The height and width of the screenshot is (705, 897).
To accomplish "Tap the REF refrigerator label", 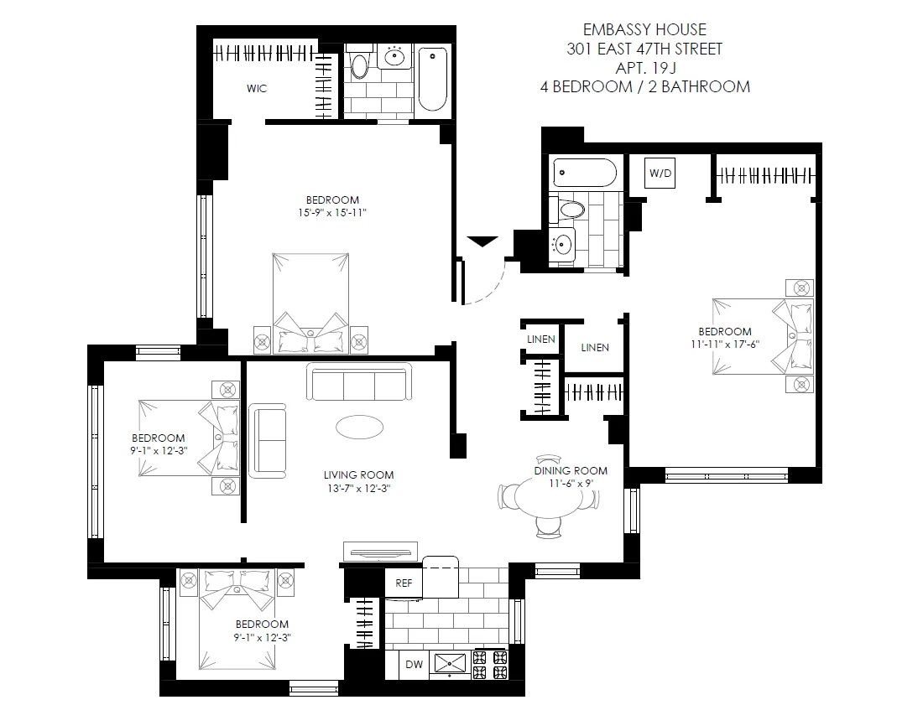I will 404,583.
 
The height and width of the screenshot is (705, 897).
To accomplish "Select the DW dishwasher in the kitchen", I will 414,665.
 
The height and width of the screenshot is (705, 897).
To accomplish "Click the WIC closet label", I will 257,89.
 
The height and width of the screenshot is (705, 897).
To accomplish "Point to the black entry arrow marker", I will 482,242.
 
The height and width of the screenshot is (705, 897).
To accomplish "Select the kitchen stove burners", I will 490,664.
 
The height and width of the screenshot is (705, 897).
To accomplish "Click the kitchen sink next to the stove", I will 451,663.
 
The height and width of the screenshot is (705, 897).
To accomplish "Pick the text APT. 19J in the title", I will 645,67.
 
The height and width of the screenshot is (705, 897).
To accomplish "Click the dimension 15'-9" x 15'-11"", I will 332,213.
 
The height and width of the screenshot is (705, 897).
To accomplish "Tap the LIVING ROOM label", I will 358,474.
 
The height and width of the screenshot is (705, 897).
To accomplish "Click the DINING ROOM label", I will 571,470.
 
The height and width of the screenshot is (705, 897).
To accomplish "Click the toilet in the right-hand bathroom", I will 570,208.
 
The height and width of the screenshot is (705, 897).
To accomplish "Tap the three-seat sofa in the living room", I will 359,382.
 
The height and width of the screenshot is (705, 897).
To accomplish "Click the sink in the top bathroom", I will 394,57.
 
